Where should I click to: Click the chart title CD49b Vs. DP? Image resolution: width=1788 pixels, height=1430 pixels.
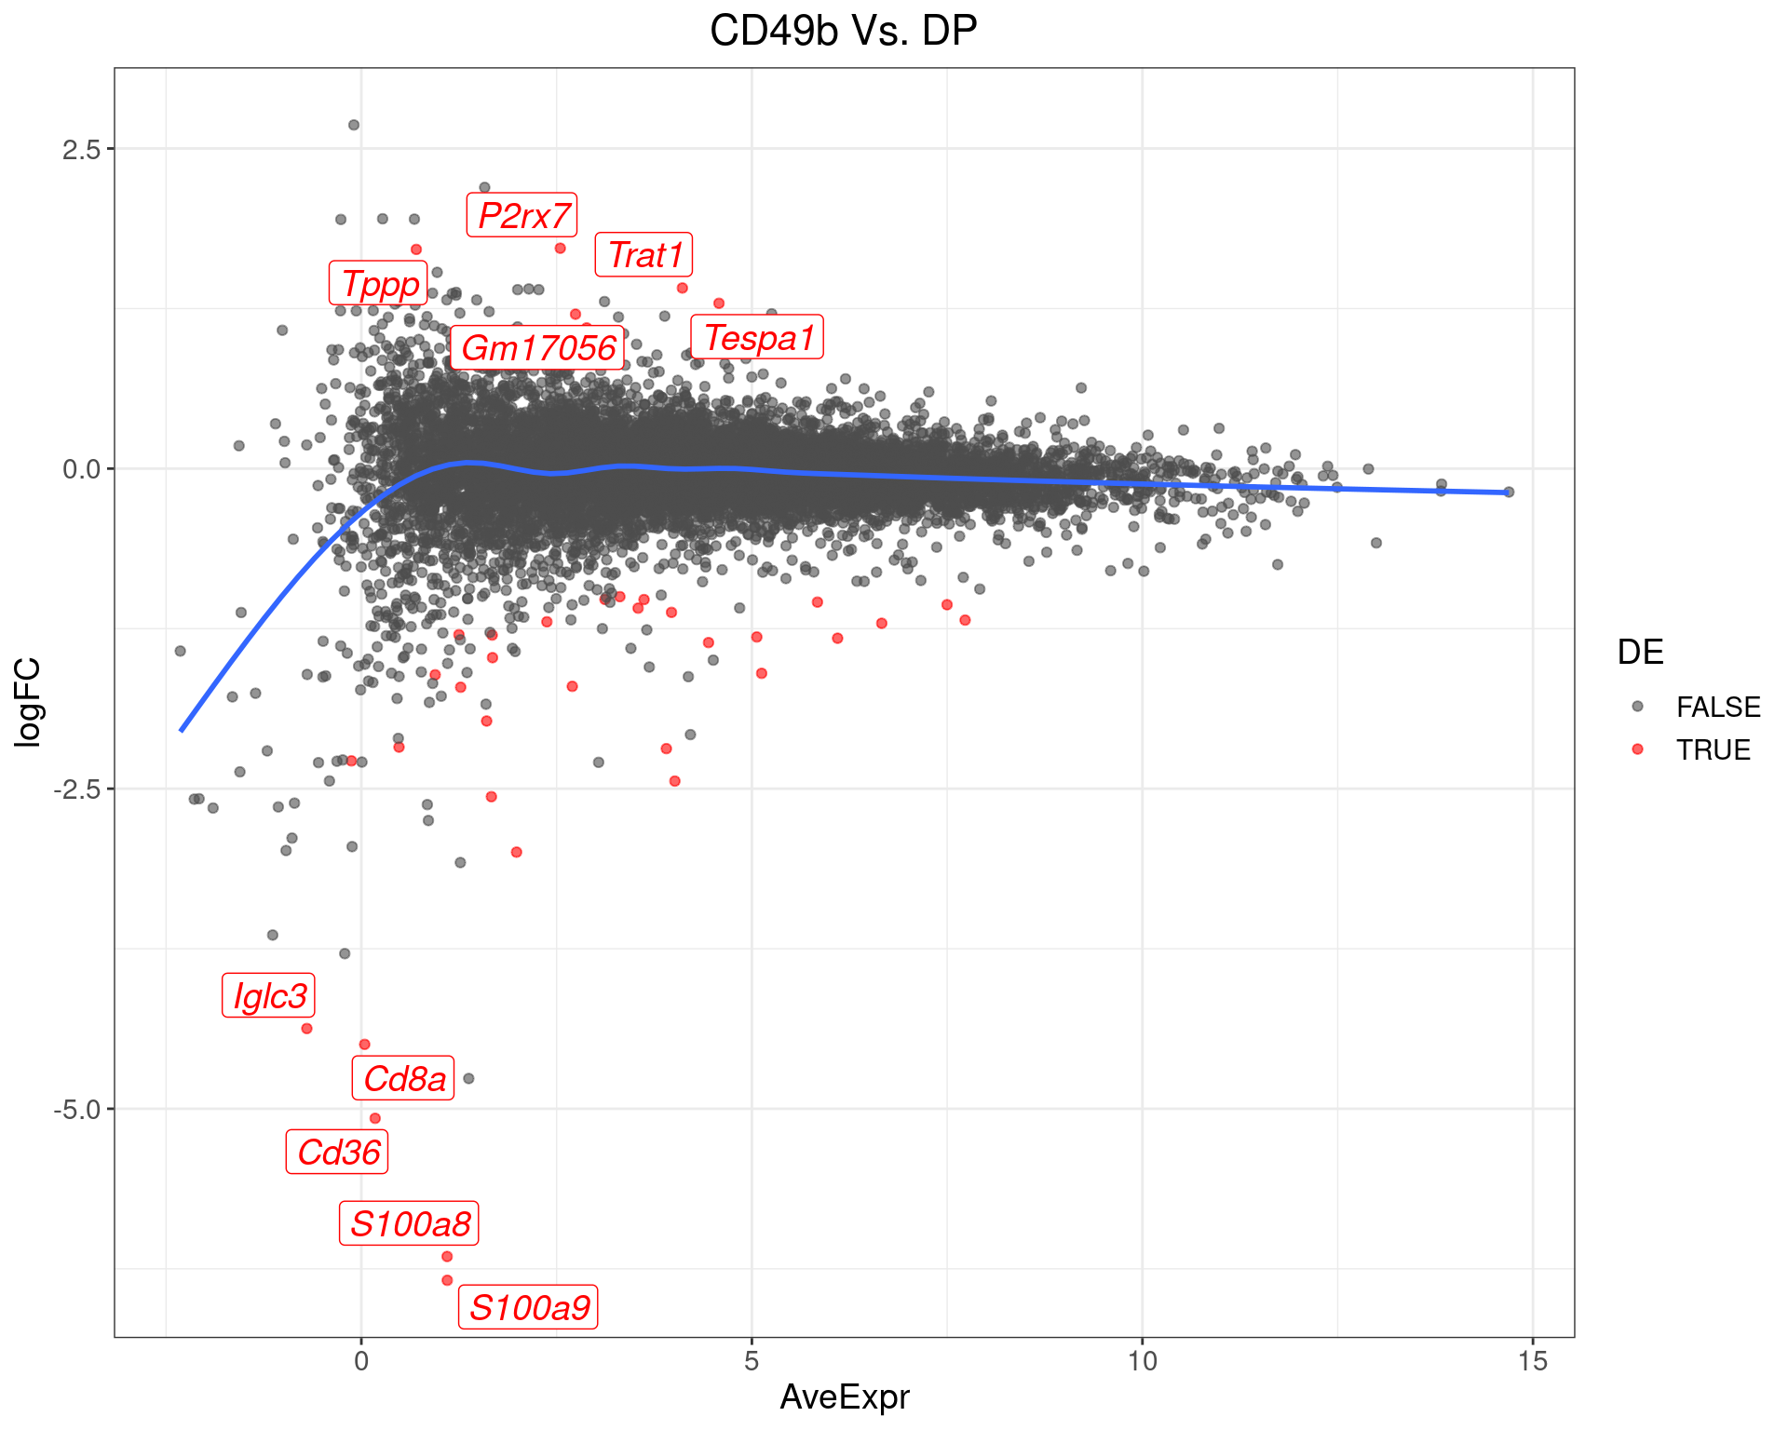pyautogui.click(x=843, y=31)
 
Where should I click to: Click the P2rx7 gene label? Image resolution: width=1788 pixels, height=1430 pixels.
pyautogui.click(x=522, y=216)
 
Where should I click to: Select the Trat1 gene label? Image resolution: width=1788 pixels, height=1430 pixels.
pyautogui.click(x=644, y=255)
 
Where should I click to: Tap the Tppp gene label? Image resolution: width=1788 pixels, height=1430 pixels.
pyautogui.click(x=379, y=283)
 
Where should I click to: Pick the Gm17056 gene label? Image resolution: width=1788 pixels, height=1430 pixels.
pyautogui.click(x=537, y=348)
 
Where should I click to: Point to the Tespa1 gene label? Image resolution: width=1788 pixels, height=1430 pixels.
pyautogui.click(x=757, y=337)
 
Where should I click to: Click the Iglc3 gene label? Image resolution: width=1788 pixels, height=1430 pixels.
pyautogui.click(x=269, y=996)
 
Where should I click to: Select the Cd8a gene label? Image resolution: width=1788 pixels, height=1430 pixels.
pyautogui.click(x=403, y=1078)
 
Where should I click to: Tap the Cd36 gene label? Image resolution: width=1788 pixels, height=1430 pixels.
pyautogui.click(x=337, y=1153)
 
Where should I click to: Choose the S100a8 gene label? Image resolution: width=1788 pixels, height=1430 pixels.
pyautogui.click(x=410, y=1223)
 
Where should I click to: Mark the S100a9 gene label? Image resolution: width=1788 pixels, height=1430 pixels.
pyautogui.click(x=528, y=1308)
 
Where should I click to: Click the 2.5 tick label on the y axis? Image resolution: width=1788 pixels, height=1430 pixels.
pyautogui.click(x=80, y=149)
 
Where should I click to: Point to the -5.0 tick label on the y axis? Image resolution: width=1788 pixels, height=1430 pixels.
pyautogui.click(x=76, y=1110)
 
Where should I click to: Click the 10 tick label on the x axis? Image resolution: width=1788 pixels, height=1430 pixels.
pyautogui.click(x=1142, y=1362)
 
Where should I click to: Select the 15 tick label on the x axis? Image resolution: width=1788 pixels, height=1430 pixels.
pyautogui.click(x=1532, y=1362)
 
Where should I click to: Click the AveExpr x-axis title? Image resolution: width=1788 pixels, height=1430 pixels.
pyautogui.click(x=844, y=1397)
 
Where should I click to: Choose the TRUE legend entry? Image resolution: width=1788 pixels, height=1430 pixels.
pyautogui.click(x=1713, y=750)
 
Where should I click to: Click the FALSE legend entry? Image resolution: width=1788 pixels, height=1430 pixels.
pyautogui.click(x=1717, y=708)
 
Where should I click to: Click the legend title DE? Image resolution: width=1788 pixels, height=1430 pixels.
pyautogui.click(x=1640, y=653)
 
